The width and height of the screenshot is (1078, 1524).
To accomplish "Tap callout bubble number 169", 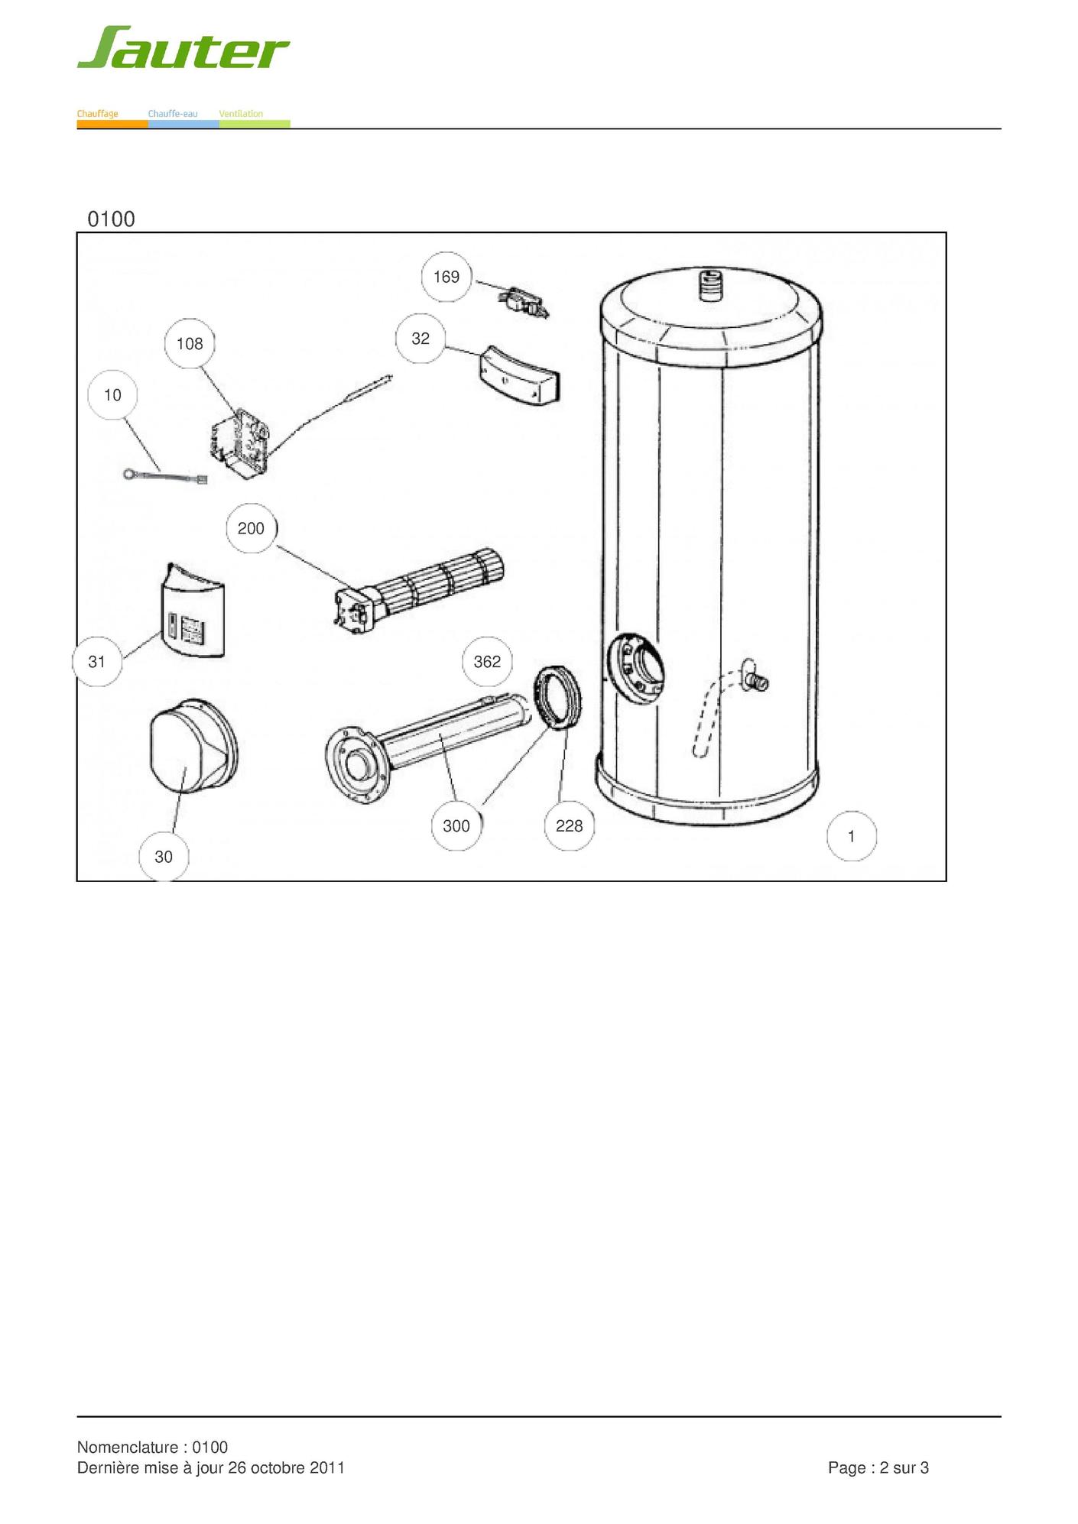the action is pyautogui.click(x=446, y=277).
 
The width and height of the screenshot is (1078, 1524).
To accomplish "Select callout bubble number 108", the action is pyautogui.click(x=190, y=344).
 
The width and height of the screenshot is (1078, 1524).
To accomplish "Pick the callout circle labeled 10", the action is pyautogui.click(x=112, y=395).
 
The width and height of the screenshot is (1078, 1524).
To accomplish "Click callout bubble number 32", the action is pyautogui.click(x=420, y=339).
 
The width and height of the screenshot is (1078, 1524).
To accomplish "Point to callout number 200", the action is pyautogui.click(x=251, y=528).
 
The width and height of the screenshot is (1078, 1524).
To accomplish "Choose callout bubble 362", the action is pyautogui.click(x=487, y=661).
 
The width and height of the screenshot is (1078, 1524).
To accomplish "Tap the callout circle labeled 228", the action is pyautogui.click(x=569, y=825).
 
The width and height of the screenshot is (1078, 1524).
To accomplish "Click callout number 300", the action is pyautogui.click(x=456, y=825).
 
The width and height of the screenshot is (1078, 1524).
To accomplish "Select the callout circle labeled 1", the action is pyautogui.click(x=852, y=836).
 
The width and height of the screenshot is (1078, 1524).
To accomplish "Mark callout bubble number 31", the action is pyautogui.click(x=96, y=661).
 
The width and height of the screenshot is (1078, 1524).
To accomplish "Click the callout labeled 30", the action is pyautogui.click(x=164, y=857).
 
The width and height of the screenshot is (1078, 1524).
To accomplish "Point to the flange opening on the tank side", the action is pyautogui.click(x=635, y=667).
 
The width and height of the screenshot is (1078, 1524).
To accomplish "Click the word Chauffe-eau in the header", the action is pyautogui.click(x=173, y=114).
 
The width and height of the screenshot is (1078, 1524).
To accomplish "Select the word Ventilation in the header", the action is pyautogui.click(x=241, y=114).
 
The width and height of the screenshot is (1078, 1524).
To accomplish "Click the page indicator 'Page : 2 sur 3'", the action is pyautogui.click(x=878, y=1467).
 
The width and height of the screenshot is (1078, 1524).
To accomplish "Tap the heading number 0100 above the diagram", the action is pyautogui.click(x=112, y=219).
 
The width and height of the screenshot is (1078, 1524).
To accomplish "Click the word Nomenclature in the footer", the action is pyautogui.click(x=128, y=1447).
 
